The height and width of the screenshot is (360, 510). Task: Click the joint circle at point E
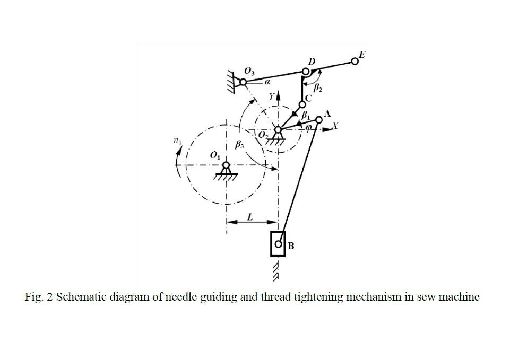tap(355, 62)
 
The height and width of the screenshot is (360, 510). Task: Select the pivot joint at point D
tap(306, 71)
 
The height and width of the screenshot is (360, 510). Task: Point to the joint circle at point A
tap(319, 120)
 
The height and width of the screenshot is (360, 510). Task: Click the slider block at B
tap(278, 244)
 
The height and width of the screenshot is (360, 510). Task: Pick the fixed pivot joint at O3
tap(243, 83)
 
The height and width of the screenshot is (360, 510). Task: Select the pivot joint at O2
tap(278, 129)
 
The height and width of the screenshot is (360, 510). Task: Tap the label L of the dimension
tap(250, 216)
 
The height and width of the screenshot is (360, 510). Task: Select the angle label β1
tap(306, 114)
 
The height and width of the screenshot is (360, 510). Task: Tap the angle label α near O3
tap(267, 82)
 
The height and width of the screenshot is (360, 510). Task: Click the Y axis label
tap(272, 97)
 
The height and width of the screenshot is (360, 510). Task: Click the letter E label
tap(362, 55)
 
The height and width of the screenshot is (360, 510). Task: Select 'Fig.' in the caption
tap(34, 296)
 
